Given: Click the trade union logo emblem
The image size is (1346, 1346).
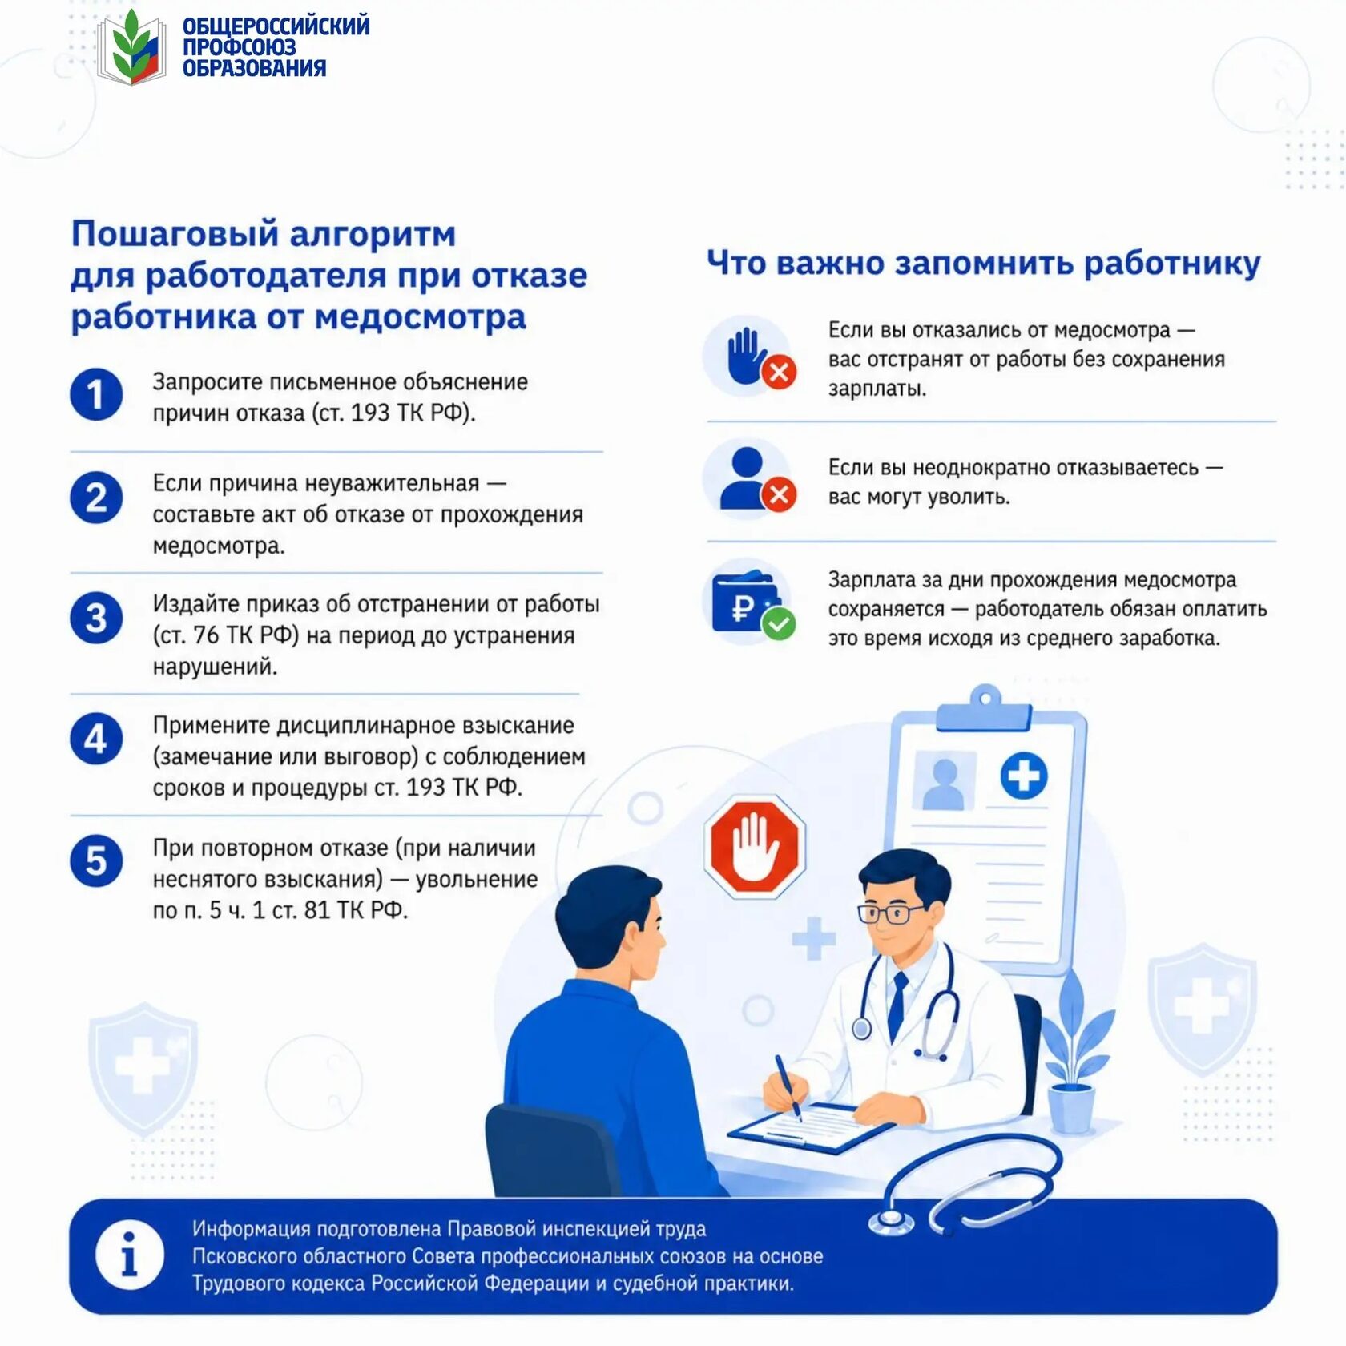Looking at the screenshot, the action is coord(131,47).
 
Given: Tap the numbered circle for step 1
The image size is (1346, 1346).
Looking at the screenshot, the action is coord(96,394).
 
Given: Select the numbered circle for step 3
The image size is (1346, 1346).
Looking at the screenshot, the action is coord(96,618).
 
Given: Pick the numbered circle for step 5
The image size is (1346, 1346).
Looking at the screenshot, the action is coord(96,860).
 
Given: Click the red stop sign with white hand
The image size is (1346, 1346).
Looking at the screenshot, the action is coord(754,846).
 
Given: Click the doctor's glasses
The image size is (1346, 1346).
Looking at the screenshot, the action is coord(891,913).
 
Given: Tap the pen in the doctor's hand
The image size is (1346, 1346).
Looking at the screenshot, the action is coord(788,1086).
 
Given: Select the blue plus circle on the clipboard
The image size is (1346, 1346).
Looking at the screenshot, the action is coord(1023,775).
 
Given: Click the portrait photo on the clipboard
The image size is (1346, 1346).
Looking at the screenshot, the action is coord(945,780).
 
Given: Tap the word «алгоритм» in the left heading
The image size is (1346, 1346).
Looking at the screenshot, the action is coord(373,234).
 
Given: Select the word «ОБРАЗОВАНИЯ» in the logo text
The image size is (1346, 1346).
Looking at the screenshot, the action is coord(254,68).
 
